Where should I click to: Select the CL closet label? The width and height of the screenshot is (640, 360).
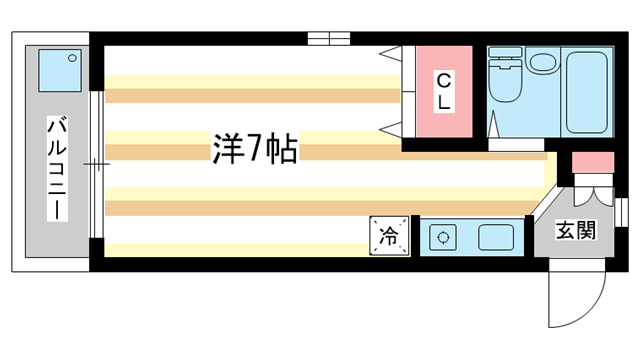[x=444, y=90]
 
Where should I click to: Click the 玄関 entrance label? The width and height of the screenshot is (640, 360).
[x=576, y=231]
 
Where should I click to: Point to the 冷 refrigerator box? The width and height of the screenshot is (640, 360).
[x=390, y=236]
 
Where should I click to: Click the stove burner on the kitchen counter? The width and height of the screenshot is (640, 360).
[x=441, y=238]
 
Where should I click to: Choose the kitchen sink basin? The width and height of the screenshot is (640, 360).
[x=496, y=238]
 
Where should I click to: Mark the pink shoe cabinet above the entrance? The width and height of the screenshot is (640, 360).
[x=592, y=163]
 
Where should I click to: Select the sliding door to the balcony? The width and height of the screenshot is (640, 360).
[x=96, y=163]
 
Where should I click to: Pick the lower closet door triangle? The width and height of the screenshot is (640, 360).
[x=392, y=127]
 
